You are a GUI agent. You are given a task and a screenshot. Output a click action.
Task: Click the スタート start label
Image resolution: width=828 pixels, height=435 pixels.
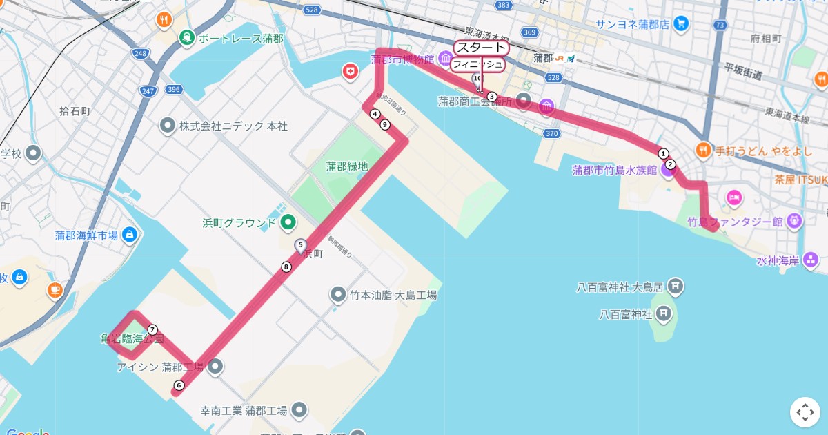(x=481, y=48)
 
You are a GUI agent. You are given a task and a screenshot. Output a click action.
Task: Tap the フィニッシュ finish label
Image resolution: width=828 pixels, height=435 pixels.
(x=477, y=64)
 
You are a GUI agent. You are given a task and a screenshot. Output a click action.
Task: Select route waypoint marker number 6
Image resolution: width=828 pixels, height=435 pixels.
(x=179, y=385)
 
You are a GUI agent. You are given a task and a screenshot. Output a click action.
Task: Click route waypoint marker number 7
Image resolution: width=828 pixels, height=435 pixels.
(x=152, y=329)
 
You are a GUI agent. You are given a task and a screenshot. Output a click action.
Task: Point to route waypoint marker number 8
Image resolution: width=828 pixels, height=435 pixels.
(x=286, y=267)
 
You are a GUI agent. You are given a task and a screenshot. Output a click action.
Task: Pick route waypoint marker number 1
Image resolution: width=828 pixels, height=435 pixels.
(x=663, y=153)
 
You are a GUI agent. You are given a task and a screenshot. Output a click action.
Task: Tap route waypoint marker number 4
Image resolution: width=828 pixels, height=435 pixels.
(x=375, y=114)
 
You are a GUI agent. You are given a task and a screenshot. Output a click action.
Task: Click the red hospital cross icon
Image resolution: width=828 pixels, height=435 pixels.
(x=351, y=70)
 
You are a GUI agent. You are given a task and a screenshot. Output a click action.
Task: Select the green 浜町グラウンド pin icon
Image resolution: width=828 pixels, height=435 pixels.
(x=288, y=222)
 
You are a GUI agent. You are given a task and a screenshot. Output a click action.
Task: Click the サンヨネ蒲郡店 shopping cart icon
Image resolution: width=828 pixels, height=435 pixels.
(x=681, y=24)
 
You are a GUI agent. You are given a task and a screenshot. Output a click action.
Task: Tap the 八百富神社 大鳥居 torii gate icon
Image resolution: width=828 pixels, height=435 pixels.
(x=676, y=284)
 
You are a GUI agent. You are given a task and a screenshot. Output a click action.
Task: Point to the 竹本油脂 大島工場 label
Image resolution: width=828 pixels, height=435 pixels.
(x=393, y=295)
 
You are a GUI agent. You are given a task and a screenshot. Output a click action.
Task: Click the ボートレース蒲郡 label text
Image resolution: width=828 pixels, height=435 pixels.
(x=240, y=39)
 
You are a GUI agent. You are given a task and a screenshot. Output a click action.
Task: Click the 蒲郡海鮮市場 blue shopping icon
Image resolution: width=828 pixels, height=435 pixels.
(x=129, y=235)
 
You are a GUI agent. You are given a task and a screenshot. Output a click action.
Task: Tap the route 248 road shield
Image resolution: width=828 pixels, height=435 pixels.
(x=141, y=53)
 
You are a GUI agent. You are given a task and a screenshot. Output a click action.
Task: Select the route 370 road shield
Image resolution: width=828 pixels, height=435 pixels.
(x=551, y=133)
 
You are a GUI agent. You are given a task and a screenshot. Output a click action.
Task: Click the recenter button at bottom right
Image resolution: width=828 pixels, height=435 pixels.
(x=805, y=412)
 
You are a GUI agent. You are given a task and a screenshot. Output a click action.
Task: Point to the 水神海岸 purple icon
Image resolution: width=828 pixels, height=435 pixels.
(x=811, y=260)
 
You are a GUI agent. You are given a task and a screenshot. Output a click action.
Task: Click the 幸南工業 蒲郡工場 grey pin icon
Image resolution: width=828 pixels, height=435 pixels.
(x=299, y=410)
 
